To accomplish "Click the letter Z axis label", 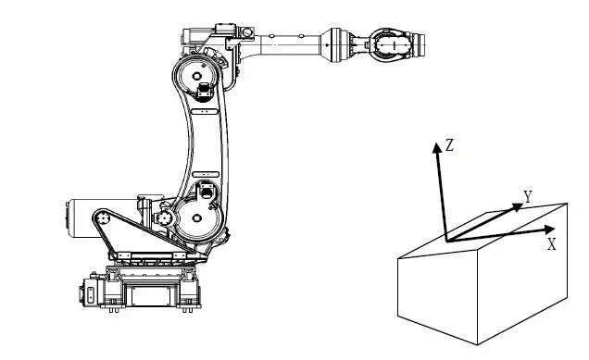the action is click(449, 145).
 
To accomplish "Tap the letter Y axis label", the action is click(528, 196).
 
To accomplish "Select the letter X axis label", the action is click(551, 244).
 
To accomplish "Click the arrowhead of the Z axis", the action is click(436, 147).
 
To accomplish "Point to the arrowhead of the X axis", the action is click(550, 230).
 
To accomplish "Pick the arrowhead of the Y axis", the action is click(518, 207).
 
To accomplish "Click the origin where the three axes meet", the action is click(447, 241).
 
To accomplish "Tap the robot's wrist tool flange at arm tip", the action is click(420, 45).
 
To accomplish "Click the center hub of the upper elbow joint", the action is click(197, 76).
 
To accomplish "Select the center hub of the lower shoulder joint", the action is click(197, 218).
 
